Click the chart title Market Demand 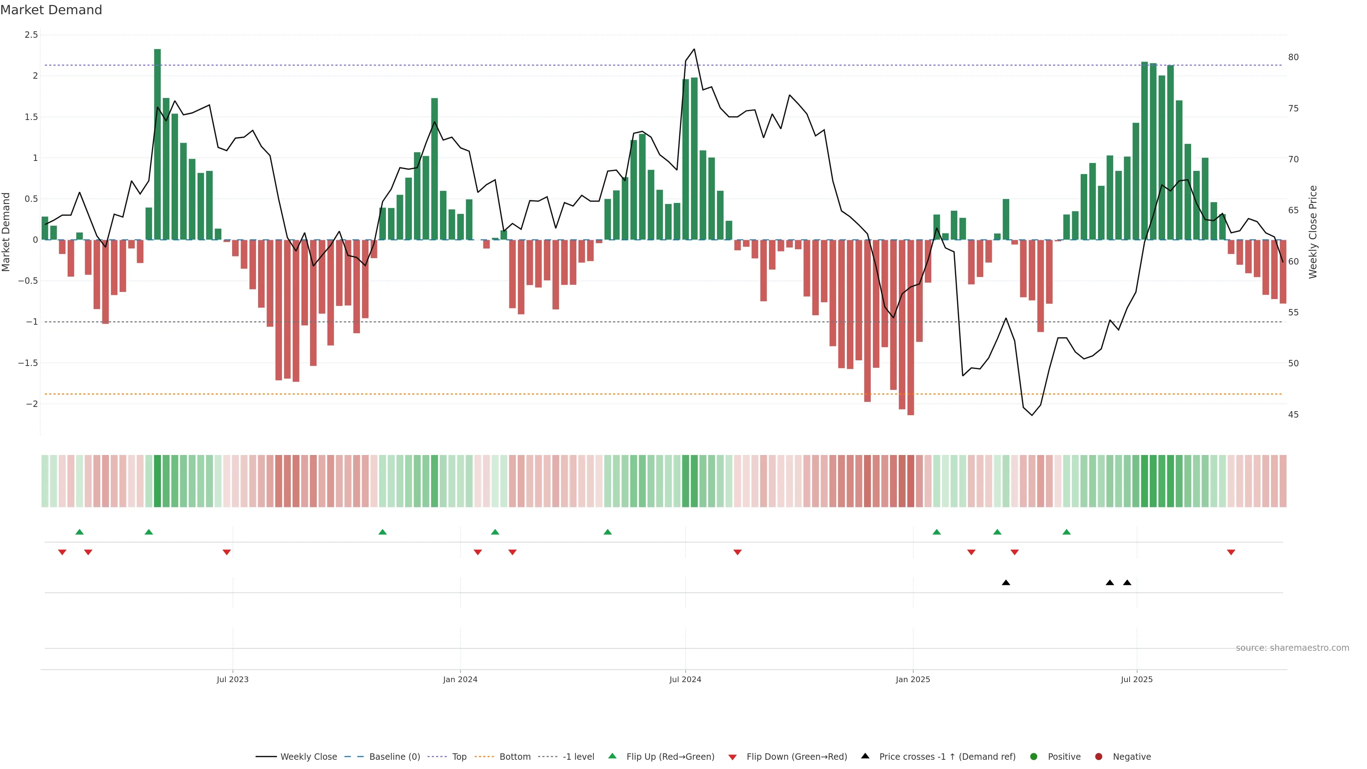[x=51, y=10]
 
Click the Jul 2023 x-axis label [x=232, y=679]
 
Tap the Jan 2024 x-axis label [x=460, y=679]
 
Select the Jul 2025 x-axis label [x=1137, y=679]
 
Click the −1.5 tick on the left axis [x=28, y=363]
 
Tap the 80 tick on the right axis [x=1293, y=57]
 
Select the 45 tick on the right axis [x=1293, y=414]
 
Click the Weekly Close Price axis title [x=1313, y=232]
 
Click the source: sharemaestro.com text [x=1292, y=648]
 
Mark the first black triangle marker [x=1006, y=583]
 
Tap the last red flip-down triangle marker [x=1231, y=553]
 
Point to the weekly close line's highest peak [x=694, y=49]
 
